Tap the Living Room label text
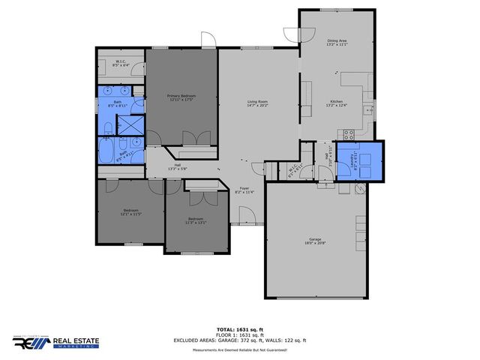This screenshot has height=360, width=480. pos(259,104)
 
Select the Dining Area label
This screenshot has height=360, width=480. pos(337,43)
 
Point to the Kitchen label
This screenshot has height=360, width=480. pos(337,103)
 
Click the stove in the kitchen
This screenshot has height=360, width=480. pos(348,135)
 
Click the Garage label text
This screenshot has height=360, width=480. pos(315,241)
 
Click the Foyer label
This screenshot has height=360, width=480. pos(244,190)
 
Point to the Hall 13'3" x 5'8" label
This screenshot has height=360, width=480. pos(177,166)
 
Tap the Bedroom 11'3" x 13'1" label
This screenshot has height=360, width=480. pos(195,220)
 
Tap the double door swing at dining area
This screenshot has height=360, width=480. pos(292,34)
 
